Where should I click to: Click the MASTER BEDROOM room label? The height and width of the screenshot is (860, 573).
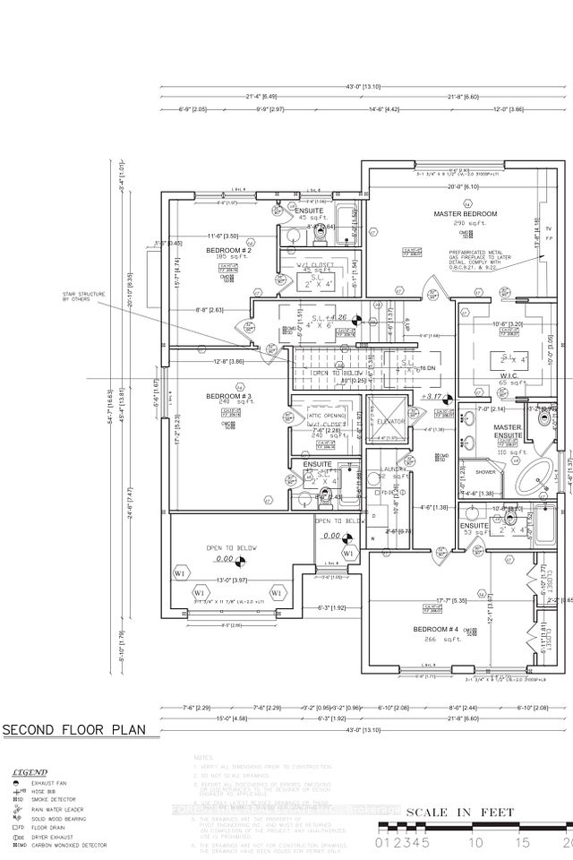point(459,214)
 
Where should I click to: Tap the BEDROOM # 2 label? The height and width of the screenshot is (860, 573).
point(227,250)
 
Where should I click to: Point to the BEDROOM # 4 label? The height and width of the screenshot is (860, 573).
point(437,630)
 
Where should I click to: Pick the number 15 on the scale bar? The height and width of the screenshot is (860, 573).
point(522,843)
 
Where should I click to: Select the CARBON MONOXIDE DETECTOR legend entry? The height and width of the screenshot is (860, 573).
point(71,845)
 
